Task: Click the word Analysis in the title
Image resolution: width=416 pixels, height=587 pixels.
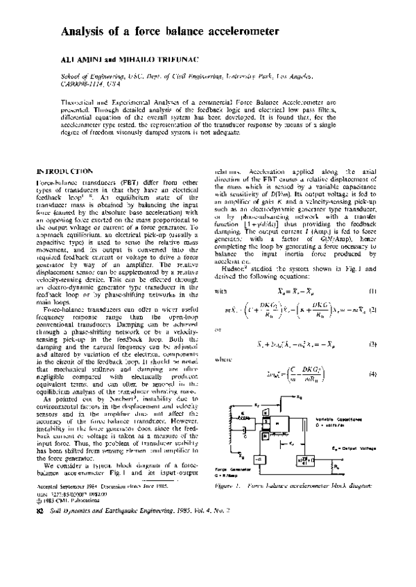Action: pyautogui.click(x=87, y=32)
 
